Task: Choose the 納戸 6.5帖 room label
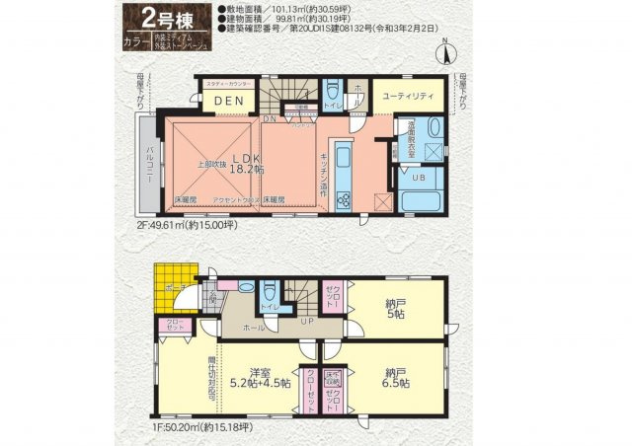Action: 395,378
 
